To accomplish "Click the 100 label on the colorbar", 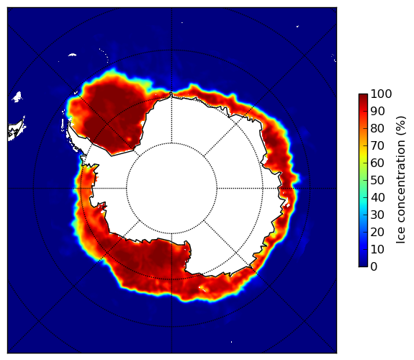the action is point(381,94).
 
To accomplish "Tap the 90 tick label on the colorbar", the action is point(377,111).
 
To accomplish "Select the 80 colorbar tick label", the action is point(377,129).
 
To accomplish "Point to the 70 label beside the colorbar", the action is point(377,145).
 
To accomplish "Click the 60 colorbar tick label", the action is point(377,163).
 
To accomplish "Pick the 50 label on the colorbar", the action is point(377,181).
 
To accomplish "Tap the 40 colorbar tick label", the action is point(377,197).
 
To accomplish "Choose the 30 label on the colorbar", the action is point(377,215).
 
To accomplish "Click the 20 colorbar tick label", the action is point(377,232).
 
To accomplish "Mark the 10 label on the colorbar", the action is point(377,249).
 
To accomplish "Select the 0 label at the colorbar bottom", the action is point(374,267).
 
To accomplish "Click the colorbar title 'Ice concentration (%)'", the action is point(401,180).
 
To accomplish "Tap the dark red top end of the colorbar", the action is point(363,95).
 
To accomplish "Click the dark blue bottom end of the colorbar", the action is point(363,265).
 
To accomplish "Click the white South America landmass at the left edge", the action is point(17,130).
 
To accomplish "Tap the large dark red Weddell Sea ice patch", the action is point(114,116).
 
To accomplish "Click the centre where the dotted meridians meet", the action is point(171,189).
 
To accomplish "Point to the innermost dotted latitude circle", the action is point(171,143).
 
